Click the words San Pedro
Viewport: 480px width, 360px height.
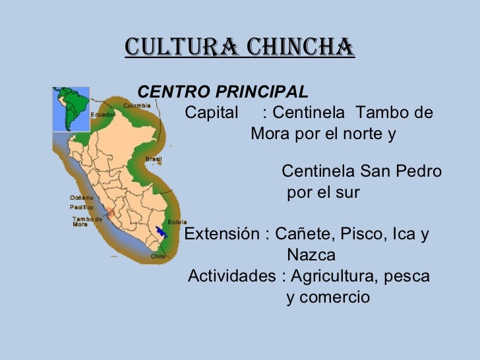point(400,172)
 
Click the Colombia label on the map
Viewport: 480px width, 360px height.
point(138,105)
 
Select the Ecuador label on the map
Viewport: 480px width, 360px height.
point(103,113)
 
